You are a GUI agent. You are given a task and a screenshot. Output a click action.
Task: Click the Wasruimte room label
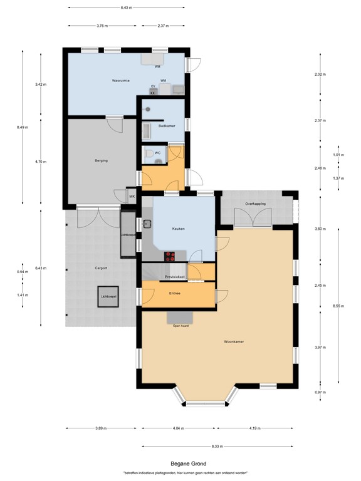(x=120, y=81)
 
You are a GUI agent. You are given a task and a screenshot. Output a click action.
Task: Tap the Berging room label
(x=102, y=161)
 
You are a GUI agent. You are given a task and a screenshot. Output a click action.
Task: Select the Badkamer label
(x=167, y=126)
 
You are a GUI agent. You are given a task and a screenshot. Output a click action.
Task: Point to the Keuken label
(x=178, y=229)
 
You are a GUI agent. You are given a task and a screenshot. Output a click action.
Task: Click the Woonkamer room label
(x=234, y=341)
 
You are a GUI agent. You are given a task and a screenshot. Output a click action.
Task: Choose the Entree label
(x=175, y=293)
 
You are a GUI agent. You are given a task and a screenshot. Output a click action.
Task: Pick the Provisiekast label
(x=174, y=276)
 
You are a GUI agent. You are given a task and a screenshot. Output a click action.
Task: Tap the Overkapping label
(x=256, y=204)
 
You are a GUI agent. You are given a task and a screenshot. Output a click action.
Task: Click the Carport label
(x=101, y=268)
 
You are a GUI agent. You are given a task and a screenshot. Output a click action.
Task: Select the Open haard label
(x=180, y=326)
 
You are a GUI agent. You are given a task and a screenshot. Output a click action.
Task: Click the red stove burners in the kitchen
(x=170, y=256)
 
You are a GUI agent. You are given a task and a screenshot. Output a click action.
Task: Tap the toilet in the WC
(x=148, y=153)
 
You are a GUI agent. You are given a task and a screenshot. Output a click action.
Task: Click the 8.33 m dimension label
(x=217, y=446)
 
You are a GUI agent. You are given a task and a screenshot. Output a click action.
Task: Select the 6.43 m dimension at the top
(x=127, y=8)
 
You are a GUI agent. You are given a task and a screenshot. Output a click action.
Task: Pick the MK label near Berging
(x=132, y=197)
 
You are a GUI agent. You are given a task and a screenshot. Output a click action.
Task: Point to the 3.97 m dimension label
(x=320, y=347)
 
